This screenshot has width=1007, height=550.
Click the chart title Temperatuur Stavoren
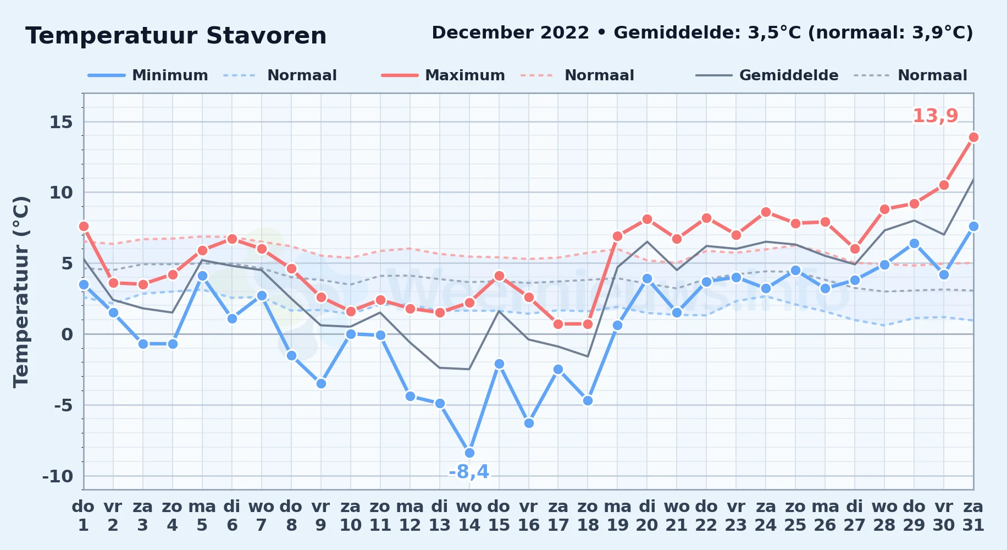176,36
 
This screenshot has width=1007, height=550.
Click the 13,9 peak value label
935,116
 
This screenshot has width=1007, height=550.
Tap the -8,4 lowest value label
469,472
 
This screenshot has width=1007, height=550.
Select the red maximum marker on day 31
973,137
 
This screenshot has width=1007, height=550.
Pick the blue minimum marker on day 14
469,453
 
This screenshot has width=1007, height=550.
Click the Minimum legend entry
148,75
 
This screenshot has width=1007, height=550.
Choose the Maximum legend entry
443,75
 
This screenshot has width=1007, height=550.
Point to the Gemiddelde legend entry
767,75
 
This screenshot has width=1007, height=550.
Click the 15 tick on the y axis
61,122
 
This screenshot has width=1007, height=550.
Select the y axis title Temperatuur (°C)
21,291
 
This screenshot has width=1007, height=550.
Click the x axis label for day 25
795,515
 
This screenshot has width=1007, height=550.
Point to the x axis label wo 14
469,515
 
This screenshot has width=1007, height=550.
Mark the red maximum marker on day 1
84,226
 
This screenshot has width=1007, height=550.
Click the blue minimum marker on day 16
529,423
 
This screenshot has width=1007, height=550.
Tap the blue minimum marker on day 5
202,276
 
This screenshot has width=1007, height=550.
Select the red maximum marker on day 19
617,236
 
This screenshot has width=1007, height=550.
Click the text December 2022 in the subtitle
510,33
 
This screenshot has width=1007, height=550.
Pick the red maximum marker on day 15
499,276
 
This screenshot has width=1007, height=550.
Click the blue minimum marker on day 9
321,383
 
